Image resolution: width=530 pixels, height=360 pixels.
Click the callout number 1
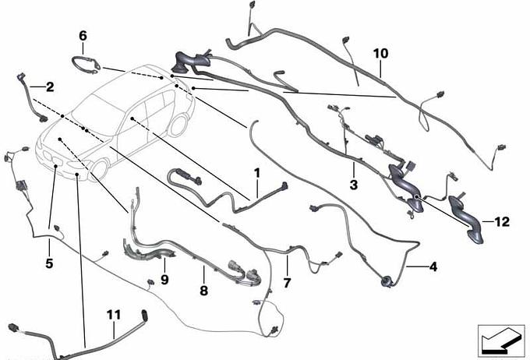(x=257, y=173)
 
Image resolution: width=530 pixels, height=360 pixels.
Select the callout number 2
(x=50, y=87)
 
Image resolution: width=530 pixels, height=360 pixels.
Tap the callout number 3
(x=354, y=185)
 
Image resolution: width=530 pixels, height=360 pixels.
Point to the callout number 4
(x=433, y=266)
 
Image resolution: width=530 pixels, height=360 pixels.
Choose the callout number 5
(x=49, y=263)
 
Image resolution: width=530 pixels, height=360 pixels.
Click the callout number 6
(x=83, y=36)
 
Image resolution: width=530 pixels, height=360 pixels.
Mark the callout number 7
(x=287, y=283)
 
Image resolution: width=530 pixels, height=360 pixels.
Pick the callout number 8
(x=204, y=291)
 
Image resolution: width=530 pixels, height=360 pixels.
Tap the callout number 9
(x=164, y=280)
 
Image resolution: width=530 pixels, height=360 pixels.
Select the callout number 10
(x=381, y=54)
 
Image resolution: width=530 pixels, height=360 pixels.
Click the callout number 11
(x=114, y=315)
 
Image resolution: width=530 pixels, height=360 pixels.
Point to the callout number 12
(x=502, y=222)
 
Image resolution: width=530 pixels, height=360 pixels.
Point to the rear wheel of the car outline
(x=178, y=125)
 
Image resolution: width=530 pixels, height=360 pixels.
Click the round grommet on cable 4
(x=385, y=281)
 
